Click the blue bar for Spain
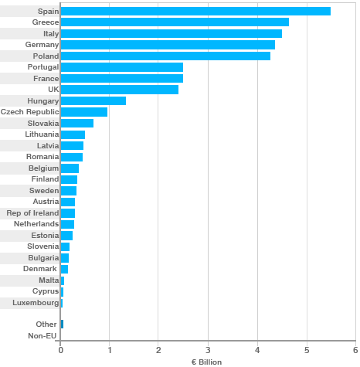tap(195, 11)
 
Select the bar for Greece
tap(175, 22)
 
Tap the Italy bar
tap(171, 33)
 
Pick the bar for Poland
tap(165, 56)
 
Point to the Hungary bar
tap(93, 100)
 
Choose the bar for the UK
tap(119, 90)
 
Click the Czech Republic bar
tap(83, 112)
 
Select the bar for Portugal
tap(121, 67)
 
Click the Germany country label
tap(42, 45)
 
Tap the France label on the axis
tap(46, 79)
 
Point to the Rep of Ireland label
tap(32, 213)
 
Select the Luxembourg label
tap(36, 303)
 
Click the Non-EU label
tap(42, 336)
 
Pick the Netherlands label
tap(36, 224)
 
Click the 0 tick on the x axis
tap(60, 350)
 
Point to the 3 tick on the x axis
tap(208, 350)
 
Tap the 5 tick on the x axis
tap(307, 350)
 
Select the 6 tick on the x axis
tap(355, 350)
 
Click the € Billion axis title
tap(206, 362)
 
